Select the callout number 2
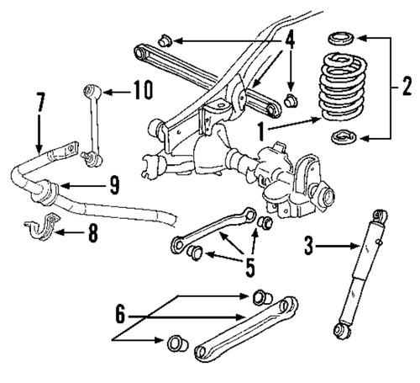[x=406, y=86]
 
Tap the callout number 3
[x=308, y=246]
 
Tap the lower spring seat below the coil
[x=342, y=137]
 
